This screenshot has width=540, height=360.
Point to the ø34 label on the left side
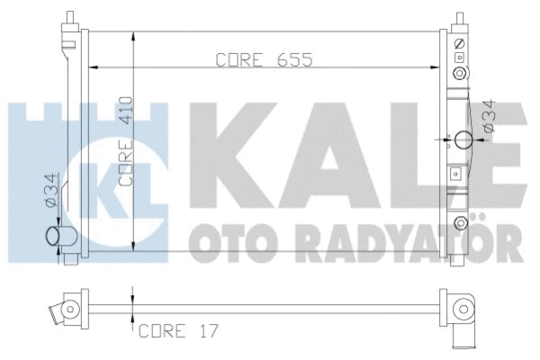point(52,191)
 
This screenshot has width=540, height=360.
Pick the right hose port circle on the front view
point(463,139)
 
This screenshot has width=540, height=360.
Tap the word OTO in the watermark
point(229,240)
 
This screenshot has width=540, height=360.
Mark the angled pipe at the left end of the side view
point(62,312)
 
